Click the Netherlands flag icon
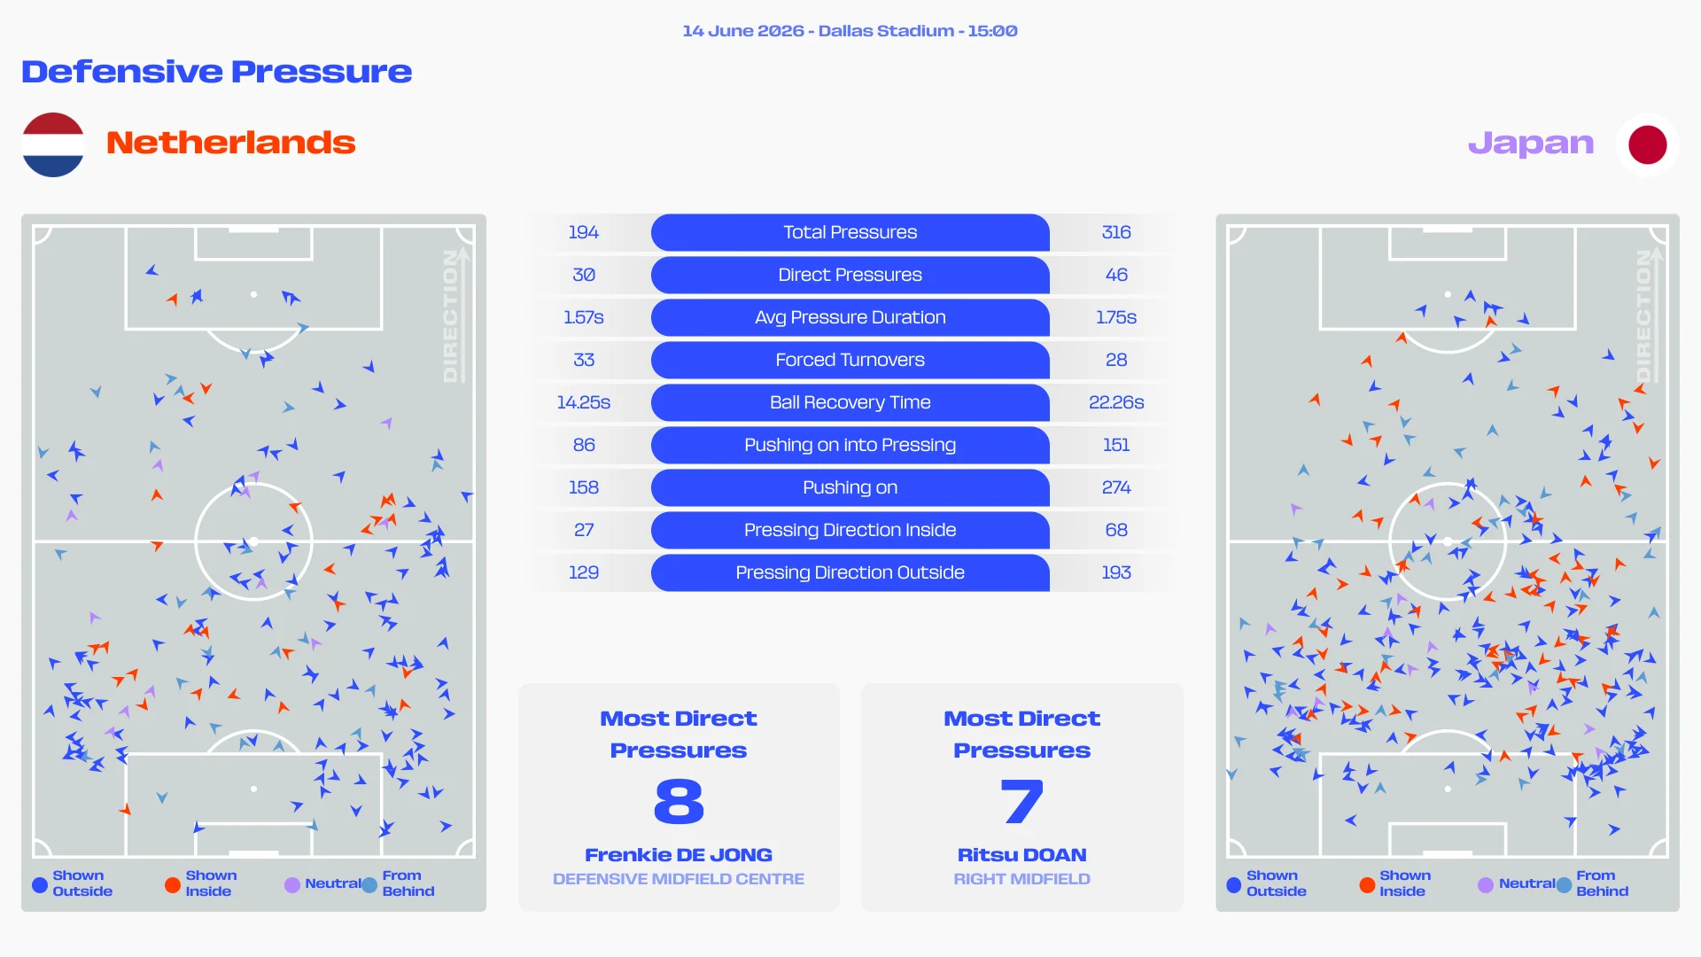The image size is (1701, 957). point(53,144)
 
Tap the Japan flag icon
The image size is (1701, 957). point(1647,144)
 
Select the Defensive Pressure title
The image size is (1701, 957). point(217,71)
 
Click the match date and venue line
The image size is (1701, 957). point(850,31)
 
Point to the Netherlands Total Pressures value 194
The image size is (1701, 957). point(584,232)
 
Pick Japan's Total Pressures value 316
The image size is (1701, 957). point(1116,232)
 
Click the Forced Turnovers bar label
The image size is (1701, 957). point(850,360)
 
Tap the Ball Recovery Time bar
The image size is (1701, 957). point(850,402)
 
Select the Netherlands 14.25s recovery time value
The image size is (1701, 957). point(584,402)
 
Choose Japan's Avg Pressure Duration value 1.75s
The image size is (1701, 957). point(1116,317)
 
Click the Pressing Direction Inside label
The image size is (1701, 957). point(850,530)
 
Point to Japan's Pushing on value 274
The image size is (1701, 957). point(1116,487)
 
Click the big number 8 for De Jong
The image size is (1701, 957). point(679,802)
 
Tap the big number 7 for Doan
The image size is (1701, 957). point(1022,802)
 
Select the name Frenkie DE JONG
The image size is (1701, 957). point(679,855)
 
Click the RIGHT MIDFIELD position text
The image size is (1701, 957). point(1022,879)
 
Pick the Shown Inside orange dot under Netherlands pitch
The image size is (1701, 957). point(173,884)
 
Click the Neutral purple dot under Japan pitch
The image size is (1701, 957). point(1486,884)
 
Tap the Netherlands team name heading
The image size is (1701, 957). point(231,143)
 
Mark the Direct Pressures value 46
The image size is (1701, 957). point(1116,275)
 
